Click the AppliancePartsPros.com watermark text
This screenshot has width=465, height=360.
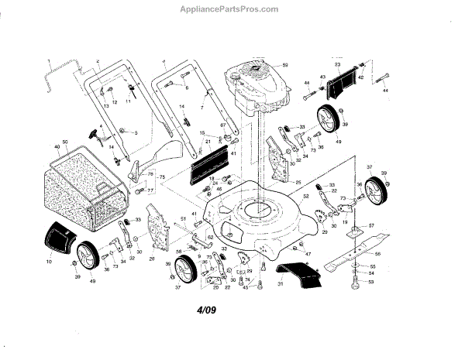point(233,9)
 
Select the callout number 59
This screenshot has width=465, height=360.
point(285,64)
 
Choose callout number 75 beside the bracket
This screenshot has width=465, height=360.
point(163,178)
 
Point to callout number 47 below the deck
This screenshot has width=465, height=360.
point(308,255)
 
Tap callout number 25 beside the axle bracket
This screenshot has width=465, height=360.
point(298,182)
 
